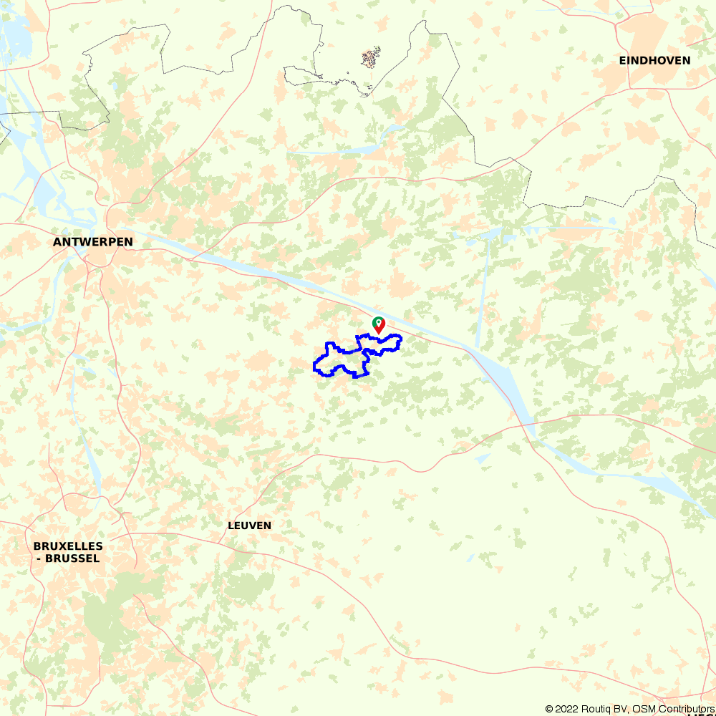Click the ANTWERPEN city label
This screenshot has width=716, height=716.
pos(93,242)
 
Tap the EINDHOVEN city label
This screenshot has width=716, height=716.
pos(654,61)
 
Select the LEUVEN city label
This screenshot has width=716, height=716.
pos(249,526)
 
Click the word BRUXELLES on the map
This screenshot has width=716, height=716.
pos(68,546)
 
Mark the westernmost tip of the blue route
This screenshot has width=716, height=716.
pos(314,367)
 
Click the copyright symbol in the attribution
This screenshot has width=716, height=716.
pos(549,709)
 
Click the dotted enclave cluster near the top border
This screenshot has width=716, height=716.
pos(370,58)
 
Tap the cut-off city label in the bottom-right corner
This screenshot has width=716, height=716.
pos(702,714)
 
